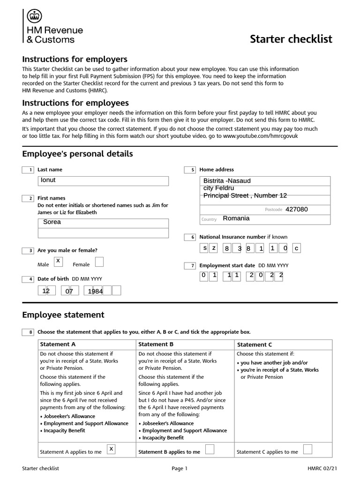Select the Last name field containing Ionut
103,180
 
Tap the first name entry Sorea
103,222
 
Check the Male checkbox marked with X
58,261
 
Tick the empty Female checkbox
99,262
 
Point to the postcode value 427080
297,210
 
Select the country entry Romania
236,218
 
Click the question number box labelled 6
190,237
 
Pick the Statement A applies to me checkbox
112,450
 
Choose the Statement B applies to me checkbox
210,450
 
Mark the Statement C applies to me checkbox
308,450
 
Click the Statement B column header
157,345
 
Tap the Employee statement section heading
63,315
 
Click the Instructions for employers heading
75,60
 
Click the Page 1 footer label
180,468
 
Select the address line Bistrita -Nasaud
227,181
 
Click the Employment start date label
227,265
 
